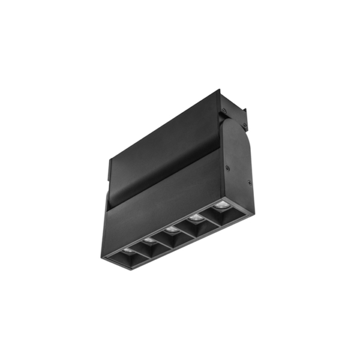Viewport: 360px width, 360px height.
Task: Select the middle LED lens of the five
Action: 171,229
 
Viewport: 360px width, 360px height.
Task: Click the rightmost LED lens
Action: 220,207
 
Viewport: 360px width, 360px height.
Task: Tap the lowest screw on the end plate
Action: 249,182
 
